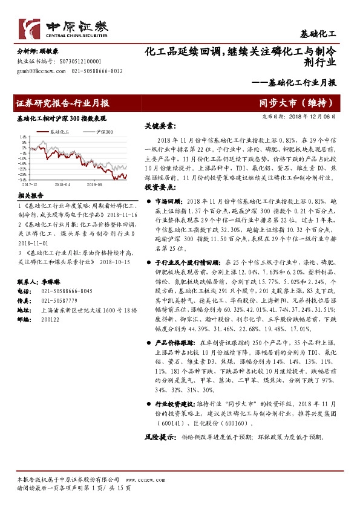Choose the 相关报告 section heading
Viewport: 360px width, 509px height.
point(30,196)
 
